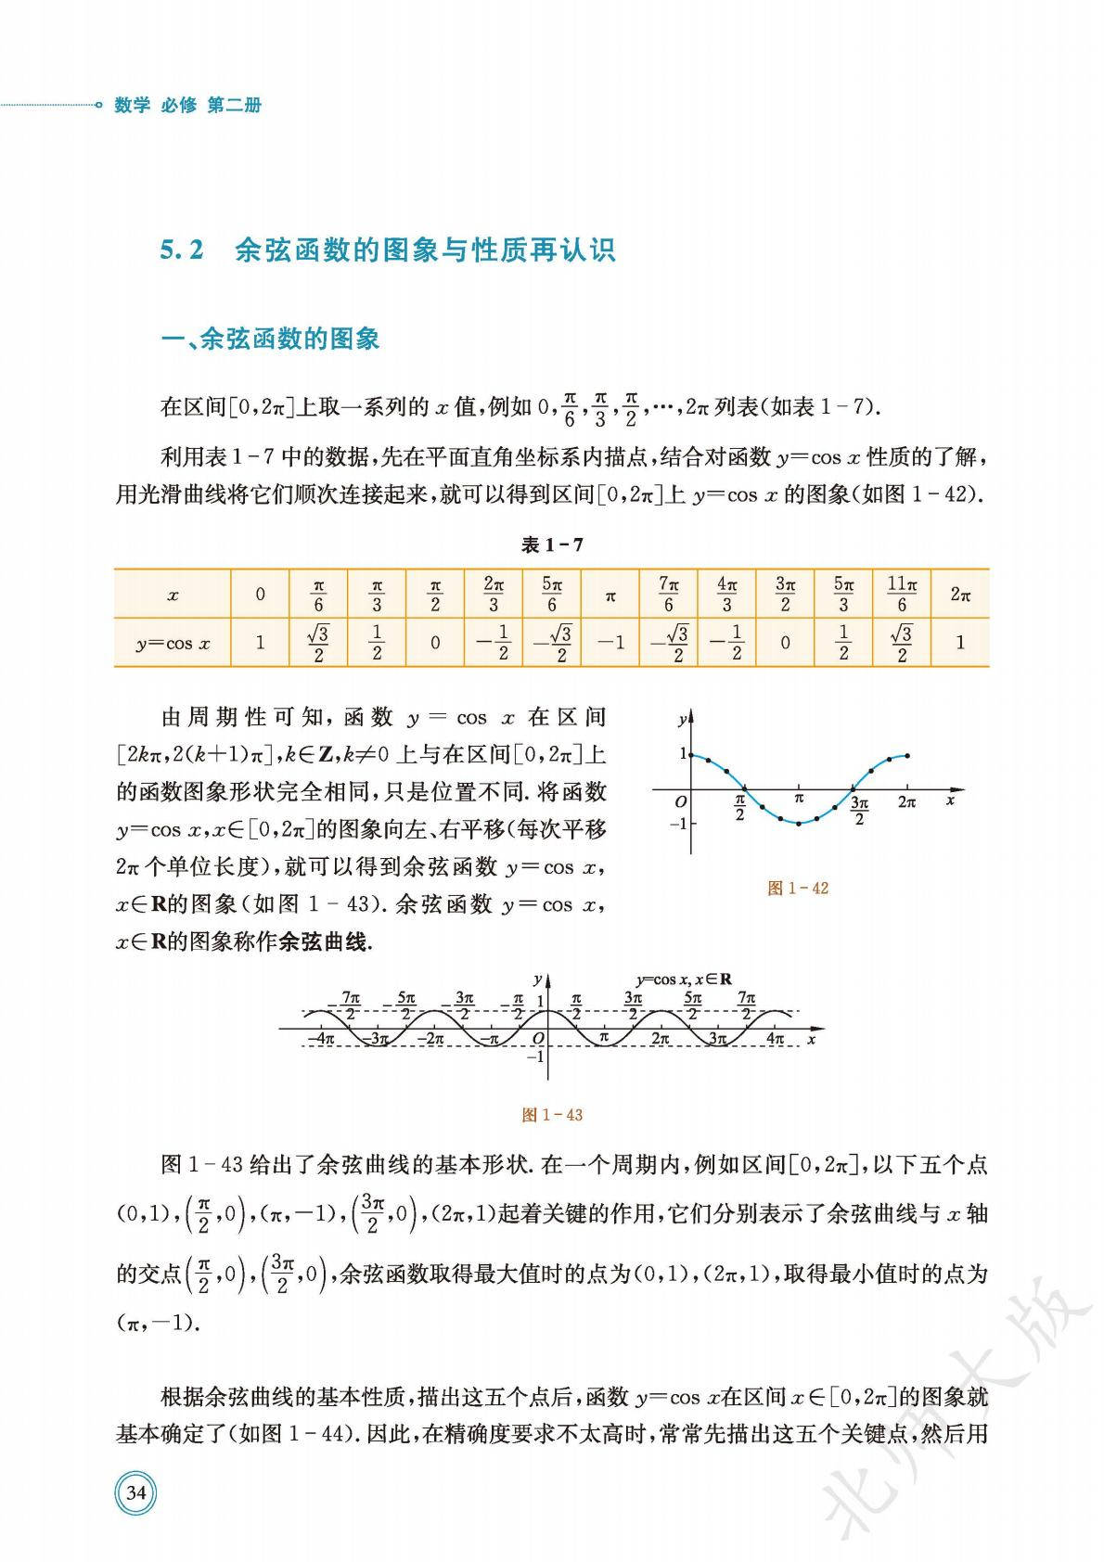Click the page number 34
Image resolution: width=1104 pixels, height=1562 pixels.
(135, 1492)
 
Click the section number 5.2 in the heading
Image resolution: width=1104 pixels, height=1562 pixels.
(182, 250)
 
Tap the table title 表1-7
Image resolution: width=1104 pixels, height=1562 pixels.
(552, 544)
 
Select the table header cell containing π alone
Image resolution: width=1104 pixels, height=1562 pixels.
(610, 595)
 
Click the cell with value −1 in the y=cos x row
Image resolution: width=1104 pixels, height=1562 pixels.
(610, 642)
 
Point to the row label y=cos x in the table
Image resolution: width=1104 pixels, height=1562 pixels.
(173, 643)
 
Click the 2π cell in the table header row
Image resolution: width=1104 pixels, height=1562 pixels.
(960, 595)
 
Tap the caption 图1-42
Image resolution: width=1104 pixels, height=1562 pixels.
(798, 888)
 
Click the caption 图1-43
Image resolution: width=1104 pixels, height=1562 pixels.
(552, 1114)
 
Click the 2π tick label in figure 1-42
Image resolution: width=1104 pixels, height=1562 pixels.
(907, 802)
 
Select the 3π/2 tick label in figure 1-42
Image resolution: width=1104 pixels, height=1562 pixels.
(859, 810)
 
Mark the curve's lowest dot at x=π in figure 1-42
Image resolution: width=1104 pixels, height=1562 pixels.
(799, 823)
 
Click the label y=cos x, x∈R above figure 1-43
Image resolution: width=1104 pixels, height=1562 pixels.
(684, 979)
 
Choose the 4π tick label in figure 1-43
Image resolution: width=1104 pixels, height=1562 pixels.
(776, 1039)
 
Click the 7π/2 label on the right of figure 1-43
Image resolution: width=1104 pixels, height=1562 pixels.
(747, 1005)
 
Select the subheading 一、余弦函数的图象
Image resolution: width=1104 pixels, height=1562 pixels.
(271, 339)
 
